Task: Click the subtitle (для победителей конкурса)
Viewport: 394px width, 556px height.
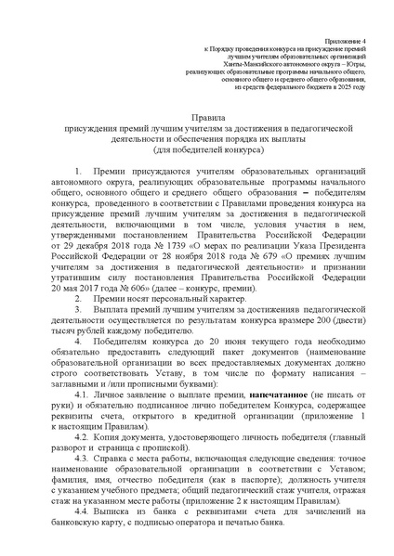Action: [196, 150]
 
